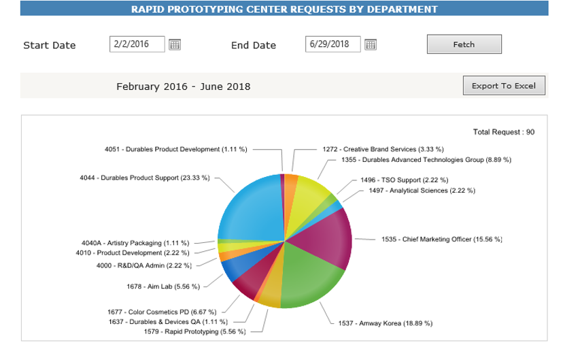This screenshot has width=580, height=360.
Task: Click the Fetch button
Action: pos(464,44)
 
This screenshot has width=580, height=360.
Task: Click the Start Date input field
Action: pos(137,44)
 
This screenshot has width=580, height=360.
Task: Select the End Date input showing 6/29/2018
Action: pos(332,44)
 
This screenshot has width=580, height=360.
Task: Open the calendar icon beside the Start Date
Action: pos(175,45)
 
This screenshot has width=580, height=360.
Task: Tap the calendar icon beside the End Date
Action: pos(371,45)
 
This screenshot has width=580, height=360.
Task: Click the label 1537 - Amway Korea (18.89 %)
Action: pos(385,323)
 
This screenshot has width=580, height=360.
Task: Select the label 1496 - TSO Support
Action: pos(405,180)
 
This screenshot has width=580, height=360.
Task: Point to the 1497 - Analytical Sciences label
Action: pos(422,191)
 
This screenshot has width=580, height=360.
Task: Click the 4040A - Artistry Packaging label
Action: pos(135,243)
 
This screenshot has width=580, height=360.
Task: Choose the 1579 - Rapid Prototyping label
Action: pos(194,331)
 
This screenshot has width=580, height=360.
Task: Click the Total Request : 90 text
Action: pos(503,132)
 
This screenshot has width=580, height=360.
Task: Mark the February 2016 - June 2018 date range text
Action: pos(184,86)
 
